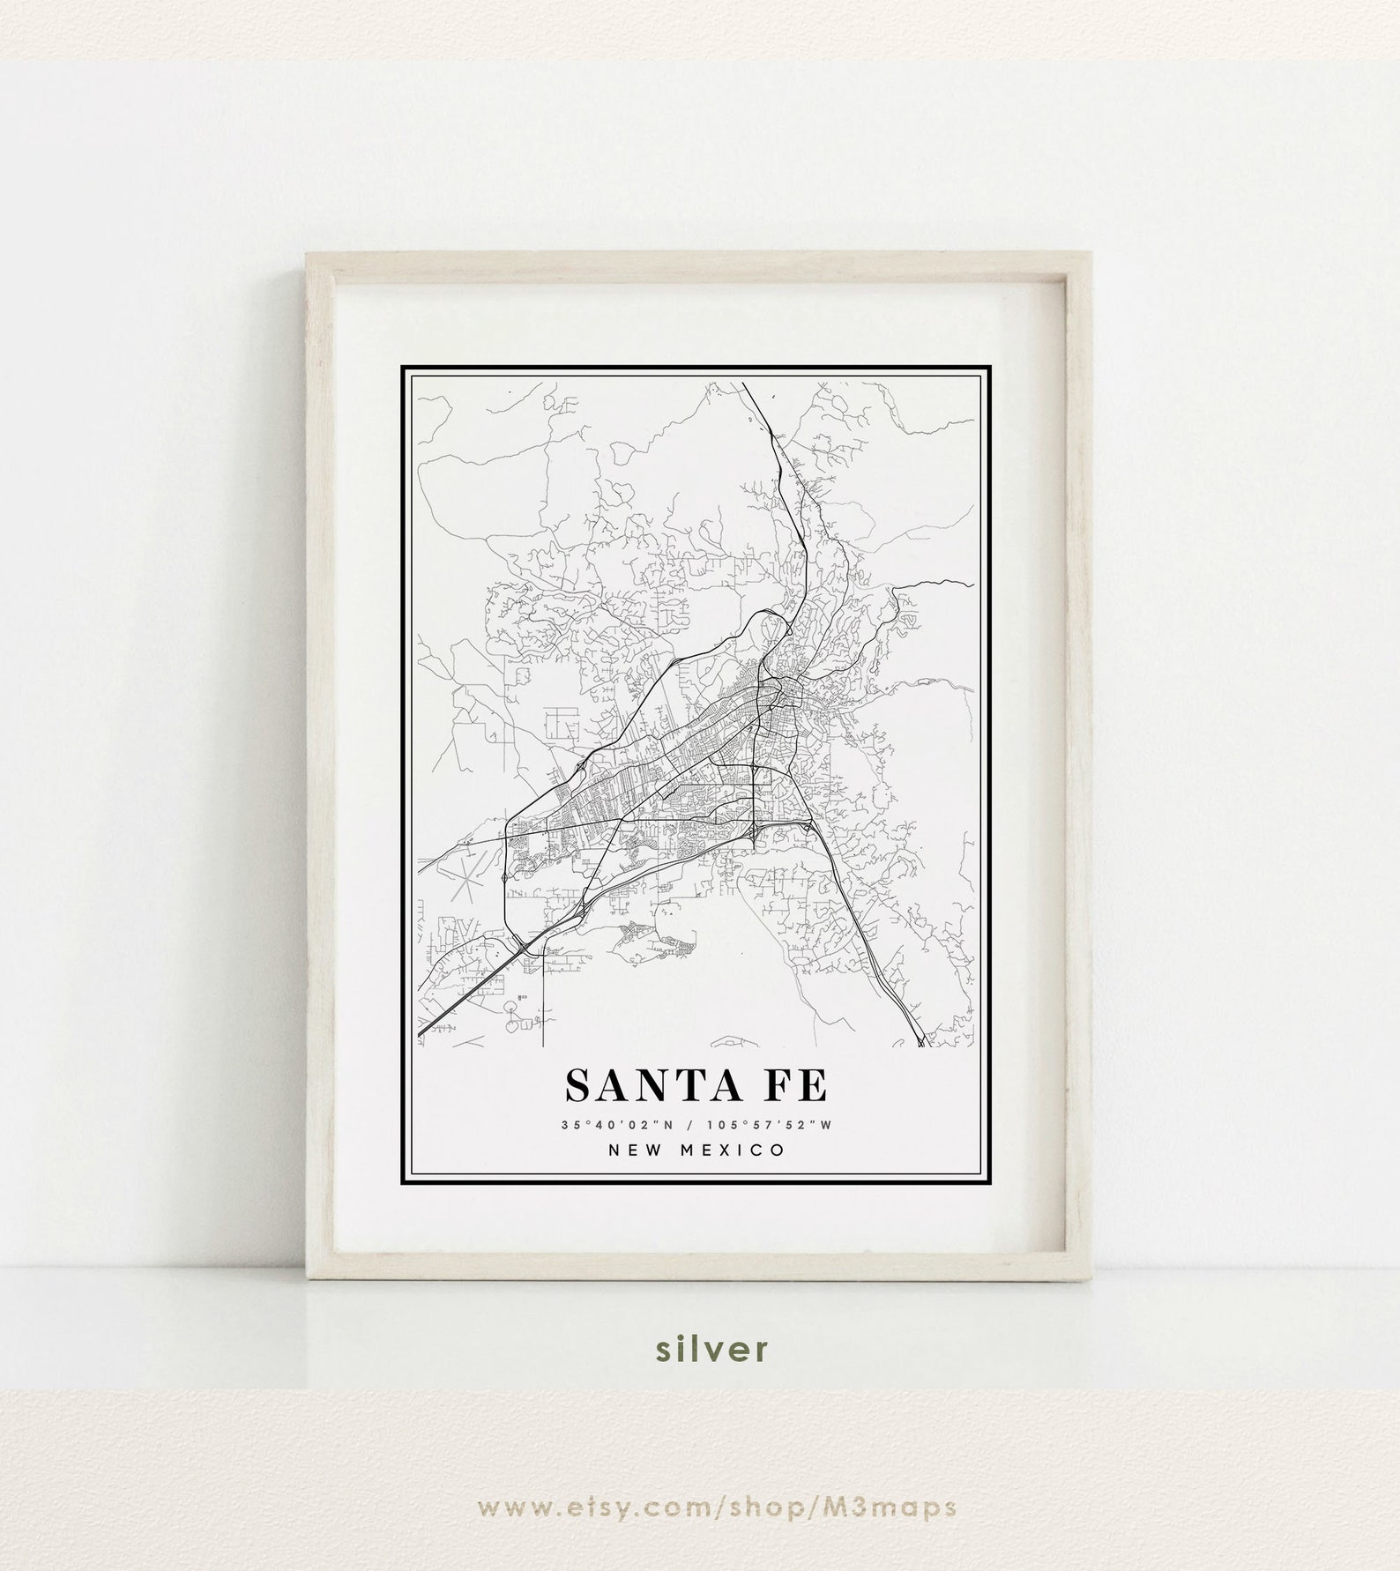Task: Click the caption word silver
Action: coord(700,1349)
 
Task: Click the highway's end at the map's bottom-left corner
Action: coord(421,1033)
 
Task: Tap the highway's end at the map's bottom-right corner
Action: coord(921,1044)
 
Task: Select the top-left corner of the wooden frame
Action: coord(307,255)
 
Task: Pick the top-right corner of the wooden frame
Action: coord(1092,255)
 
